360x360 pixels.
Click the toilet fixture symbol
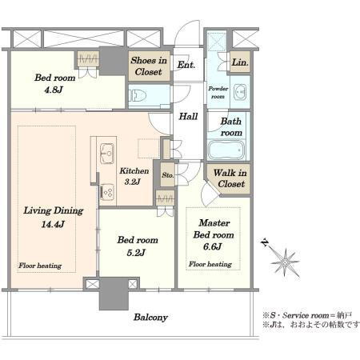(x=138, y=95)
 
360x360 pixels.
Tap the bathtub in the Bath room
(x=226, y=150)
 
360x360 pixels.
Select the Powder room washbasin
(x=240, y=92)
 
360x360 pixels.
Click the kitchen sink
(x=107, y=154)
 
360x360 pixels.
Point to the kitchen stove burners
(x=107, y=192)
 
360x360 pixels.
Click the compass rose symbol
(x=285, y=262)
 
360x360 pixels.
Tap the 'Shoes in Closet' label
(x=149, y=66)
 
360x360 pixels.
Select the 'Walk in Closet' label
(x=230, y=178)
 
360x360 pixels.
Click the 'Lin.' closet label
(x=240, y=62)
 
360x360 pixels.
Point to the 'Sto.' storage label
(x=168, y=175)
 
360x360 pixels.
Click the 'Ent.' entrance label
(x=186, y=65)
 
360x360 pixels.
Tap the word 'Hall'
(x=188, y=116)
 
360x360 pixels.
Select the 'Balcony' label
(x=150, y=318)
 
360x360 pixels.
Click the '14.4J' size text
(x=53, y=224)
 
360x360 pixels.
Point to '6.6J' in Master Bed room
(x=212, y=246)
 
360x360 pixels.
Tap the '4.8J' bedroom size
(x=54, y=90)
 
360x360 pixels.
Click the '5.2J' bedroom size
(x=136, y=252)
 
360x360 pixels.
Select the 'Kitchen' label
(x=134, y=170)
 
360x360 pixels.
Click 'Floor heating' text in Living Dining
(x=40, y=266)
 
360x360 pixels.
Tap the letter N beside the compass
(x=265, y=243)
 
